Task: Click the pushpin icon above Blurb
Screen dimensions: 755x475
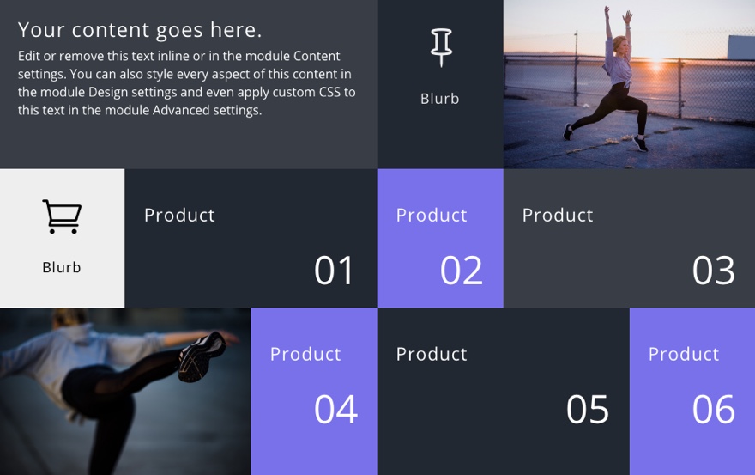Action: [441, 47]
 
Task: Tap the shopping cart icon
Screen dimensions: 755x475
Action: [62, 216]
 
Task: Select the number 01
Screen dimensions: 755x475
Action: [334, 271]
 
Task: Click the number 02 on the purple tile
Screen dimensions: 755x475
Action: [461, 271]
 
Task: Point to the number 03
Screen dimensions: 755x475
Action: [713, 271]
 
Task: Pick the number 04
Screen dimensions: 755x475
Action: [335, 410]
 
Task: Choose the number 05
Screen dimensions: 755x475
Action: [588, 410]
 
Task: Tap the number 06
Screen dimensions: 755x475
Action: [714, 410]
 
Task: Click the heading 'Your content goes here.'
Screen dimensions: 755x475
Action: [140, 30]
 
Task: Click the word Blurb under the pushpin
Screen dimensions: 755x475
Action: [439, 99]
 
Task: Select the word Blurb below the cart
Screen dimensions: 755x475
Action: [61, 267]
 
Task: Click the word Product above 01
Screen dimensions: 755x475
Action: [179, 215]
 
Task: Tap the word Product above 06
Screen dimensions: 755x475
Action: [684, 354]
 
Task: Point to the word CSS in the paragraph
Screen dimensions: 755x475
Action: [329, 92]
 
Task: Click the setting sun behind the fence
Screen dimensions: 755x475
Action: [655, 64]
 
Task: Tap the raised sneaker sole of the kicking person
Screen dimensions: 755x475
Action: [202, 356]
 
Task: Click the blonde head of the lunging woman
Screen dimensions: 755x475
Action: [619, 45]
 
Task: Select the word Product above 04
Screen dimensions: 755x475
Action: [305, 354]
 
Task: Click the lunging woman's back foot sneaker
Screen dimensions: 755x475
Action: [568, 131]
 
